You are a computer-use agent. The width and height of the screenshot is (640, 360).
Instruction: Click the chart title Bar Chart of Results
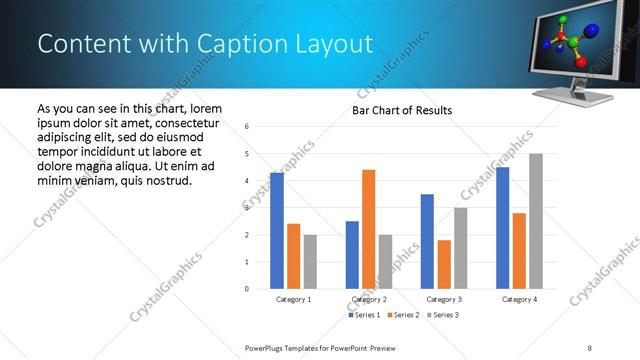(x=402, y=110)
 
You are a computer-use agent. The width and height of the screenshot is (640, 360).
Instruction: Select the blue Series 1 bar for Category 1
(x=277, y=230)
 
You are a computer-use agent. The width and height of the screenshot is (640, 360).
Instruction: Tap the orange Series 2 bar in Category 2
(x=368, y=229)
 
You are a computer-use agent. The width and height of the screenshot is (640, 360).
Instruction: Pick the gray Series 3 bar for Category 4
(x=536, y=221)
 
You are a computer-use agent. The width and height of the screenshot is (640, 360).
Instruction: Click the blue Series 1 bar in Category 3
(x=427, y=241)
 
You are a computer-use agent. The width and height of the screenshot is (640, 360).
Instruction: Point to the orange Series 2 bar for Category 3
(x=444, y=264)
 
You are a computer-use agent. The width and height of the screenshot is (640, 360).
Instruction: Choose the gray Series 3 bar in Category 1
(x=311, y=262)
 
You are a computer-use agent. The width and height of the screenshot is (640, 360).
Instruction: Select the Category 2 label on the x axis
(x=369, y=299)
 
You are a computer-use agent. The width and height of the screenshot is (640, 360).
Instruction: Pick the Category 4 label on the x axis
(x=519, y=299)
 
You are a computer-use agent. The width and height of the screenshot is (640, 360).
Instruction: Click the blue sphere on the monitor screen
(x=591, y=32)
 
